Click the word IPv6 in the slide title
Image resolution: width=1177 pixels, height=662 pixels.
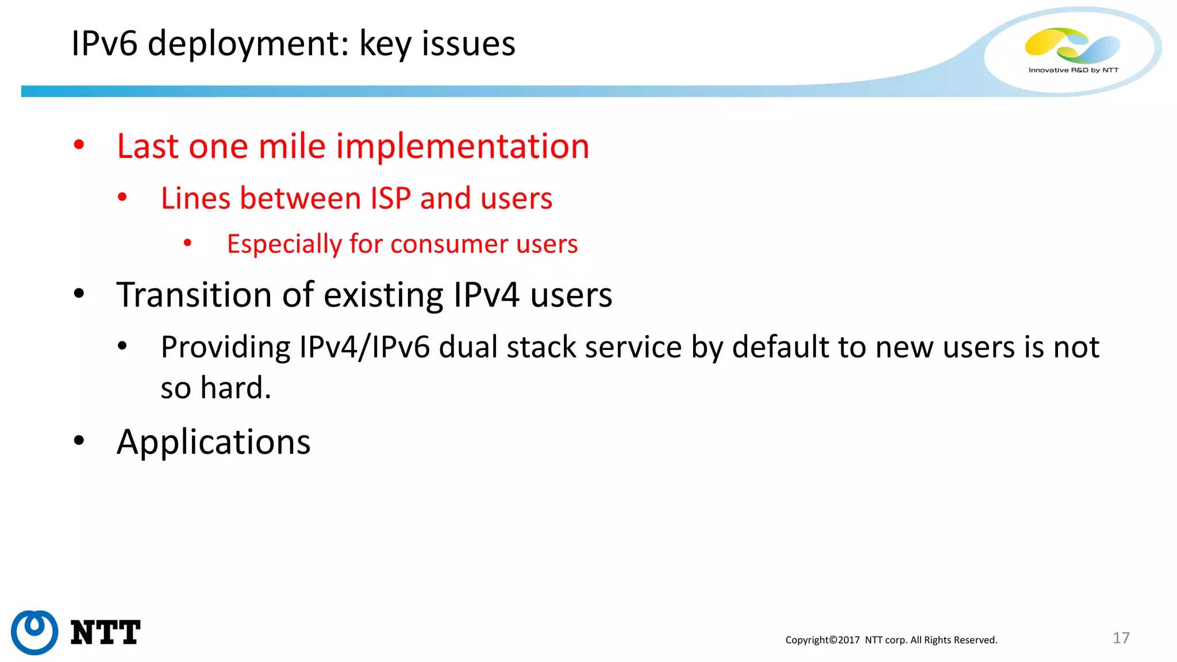click(x=105, y=44)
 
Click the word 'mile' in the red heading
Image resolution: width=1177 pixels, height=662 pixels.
click(x=292, y=146)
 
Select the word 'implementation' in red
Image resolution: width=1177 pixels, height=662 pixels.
click(x=463, y=146)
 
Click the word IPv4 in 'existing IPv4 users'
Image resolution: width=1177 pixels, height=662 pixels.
click(x=486, y=295)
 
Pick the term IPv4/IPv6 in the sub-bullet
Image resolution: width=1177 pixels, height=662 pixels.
click(x=364, y=347)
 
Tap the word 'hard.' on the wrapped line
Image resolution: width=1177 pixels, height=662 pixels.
click(x=236, y=388)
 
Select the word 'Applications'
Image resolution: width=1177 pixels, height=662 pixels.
click(x=213, y=442)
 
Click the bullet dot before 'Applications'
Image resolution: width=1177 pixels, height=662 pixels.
click(x=79, y=441)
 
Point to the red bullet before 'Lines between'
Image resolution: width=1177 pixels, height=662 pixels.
click(x=122, y=198)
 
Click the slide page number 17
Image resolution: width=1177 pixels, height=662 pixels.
click(x=1121, y=638)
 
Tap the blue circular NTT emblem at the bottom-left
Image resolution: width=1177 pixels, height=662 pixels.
click(x=34, y=632)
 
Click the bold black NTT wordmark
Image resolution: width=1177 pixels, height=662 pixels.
click(x=105, y=633)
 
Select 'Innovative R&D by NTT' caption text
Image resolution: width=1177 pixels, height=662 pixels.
click(x=1073, y=70)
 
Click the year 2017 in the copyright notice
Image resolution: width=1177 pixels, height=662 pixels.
click(x=848, y=640)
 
